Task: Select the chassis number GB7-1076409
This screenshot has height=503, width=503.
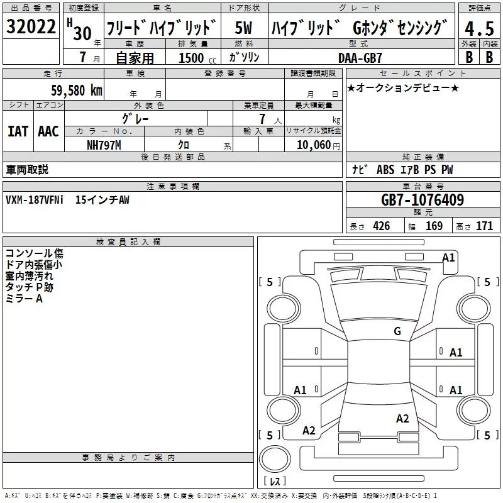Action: pyautogui.click(x=423, y=200)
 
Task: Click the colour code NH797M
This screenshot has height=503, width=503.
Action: pyautogui.click(x=104, y=145)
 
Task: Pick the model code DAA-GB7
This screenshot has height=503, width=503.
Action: pyautogui.click(x=360, y=57)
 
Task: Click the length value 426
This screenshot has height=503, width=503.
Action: pyautogui.click(x=380, y=226)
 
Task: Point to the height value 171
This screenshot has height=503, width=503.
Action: pyautogui.click(x=484, y=226)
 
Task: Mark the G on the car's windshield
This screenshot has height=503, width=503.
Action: pyautogui.click(x=397, y=331)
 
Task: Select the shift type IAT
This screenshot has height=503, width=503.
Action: pyautogui.click(x=18, y=131)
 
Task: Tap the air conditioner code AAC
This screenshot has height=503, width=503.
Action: pyautogui.click(x=48, y=131)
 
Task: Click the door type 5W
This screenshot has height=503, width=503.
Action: pyautogui.click(x=244, y=28)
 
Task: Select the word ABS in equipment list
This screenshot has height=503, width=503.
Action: pyautogui.click(x=385, y=170)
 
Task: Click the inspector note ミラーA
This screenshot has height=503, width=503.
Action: pyautogui.click(x=24, y=298)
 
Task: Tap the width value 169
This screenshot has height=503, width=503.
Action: pyautogui.click(x=434, y=226)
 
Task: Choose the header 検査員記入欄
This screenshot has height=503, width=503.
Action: pyautogui.click(x=128, y=241)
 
